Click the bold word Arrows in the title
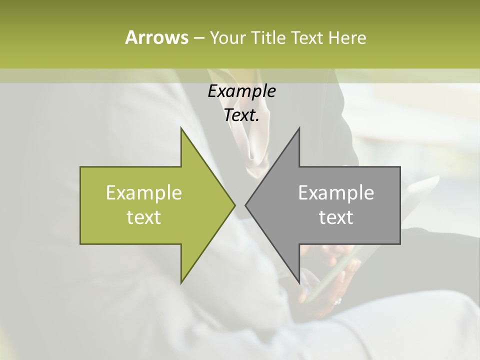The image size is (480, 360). pos(156,37)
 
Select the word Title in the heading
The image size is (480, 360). pos(267,37)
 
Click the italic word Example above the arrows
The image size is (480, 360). pos(241,91)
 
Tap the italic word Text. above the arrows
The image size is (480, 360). pos(241,115)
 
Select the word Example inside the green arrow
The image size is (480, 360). pos(144,192)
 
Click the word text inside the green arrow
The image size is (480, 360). pos(144,217)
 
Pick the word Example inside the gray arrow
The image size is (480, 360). pos(336,192)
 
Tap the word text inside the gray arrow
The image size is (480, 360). pos(336,217)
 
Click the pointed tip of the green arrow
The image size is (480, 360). pos(234,205)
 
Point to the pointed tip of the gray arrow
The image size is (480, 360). pos(245,205)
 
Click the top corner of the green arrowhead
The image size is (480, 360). pos(181,128)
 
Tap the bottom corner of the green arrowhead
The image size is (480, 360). pos(181,282)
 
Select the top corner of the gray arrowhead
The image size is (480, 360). pos(299,128)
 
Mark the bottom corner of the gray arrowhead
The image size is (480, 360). pos(299,282)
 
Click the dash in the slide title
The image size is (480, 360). pos(198,38)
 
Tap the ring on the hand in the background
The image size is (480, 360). pos(337,301)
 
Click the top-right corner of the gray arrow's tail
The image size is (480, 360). pos(400,167)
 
